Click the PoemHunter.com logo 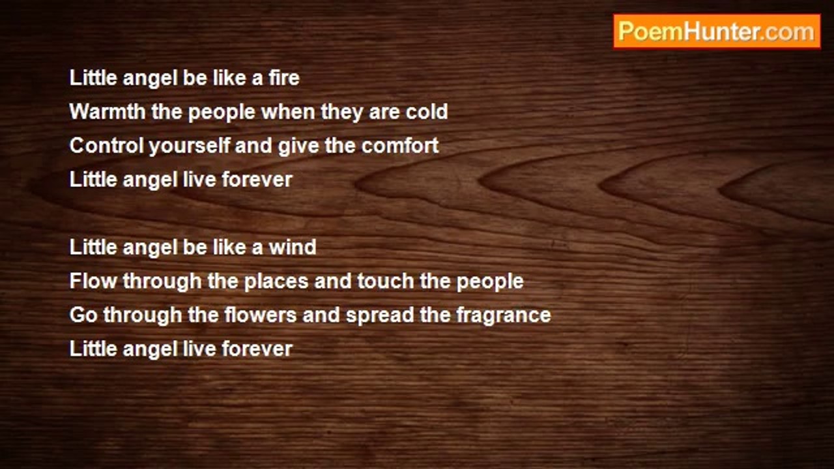[717, 32]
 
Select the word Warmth [108, 111]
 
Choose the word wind [293, 247]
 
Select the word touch [386, 281]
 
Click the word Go [83, 315]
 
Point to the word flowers [260, 315]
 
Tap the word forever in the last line [257, 348]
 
